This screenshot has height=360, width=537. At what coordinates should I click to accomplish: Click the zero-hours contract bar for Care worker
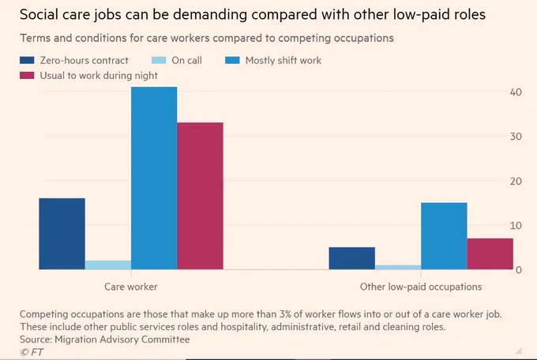pyautogui.click(x=62, y=234)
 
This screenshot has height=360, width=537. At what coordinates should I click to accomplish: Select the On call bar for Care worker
pyautogui.click(x=108, y=265)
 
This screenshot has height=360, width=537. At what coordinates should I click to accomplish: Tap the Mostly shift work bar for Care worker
pyautogui.click(x=154, y=178)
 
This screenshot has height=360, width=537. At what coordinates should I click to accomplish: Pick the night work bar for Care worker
pyautogui.click(x=200, y=196)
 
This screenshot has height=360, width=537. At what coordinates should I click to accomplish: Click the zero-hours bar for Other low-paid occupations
pyautogui.click(x=352, y=258)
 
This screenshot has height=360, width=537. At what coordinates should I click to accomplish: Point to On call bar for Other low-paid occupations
pyautogui.click(x=398, y=267)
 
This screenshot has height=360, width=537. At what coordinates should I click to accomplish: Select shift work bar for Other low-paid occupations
pyautogui.click(x=444, y=236)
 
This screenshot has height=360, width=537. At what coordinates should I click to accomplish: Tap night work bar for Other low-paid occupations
pyautogui.click(x=490, y=253)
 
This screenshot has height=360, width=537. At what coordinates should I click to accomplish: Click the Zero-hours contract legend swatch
pyautogui.click(x=27, y=60)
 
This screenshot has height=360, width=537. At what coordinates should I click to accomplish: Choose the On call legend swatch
pyautogui.click(x=159, y=60)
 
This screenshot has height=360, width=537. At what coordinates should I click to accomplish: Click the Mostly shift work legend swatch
pyautogui.click(x=232, y=60)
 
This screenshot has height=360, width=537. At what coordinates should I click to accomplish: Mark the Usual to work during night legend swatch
pyautogui.click(x=27, y=75)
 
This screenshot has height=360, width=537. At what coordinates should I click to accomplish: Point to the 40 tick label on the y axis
pyautogui.click(x=516, y=92)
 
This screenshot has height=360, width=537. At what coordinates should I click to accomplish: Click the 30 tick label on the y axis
pyautogui.click(x=516, y=137)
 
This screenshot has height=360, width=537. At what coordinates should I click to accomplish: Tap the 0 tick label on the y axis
pyautogui.click(x=519, y=270)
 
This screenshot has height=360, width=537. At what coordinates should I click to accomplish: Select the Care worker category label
pyautogui.click(x=131, y=287)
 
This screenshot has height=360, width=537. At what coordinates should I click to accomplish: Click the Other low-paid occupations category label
pyautogui.click(x=421, y=287)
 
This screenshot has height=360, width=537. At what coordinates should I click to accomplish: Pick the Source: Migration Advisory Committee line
pyautogui.click(x=105, y=339)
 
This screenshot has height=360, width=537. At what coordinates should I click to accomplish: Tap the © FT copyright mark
pyautogui.click(x=32, y=352)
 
